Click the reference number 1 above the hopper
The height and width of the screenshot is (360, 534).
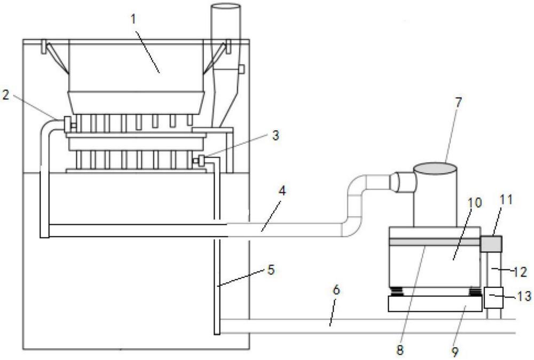click(134, 19)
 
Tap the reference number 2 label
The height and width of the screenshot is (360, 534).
click(5, 95)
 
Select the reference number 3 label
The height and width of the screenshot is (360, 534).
click(276, 135)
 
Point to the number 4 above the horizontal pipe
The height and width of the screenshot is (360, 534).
click(282, 191)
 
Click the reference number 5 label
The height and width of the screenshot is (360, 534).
click(271, 270)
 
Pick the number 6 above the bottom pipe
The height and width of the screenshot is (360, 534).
click(336, 290)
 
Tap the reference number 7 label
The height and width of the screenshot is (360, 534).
click(458, 102)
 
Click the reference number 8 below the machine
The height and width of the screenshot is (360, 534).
click(400, 350)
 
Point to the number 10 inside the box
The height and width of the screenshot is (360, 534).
click(475, 202)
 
